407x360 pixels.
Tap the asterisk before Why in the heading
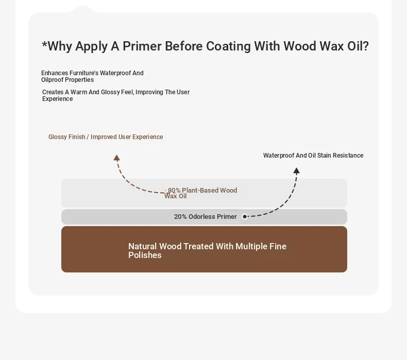click(x=44, y=44)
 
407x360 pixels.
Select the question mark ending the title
click(x=365, y=46)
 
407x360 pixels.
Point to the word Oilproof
click(x=52, y=80)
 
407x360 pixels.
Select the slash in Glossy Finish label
click(x=88, y=137)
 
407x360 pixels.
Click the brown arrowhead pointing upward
click(x=116, y=158)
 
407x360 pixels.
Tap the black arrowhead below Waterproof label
click(x=296, y=170)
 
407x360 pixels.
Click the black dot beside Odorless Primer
click(x=245, y=216)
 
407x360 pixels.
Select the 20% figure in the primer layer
click(x=180, y=217)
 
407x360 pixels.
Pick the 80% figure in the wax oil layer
click(x=174, y=190)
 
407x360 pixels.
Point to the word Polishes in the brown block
click(x=145, y=255)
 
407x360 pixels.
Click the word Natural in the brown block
click(x=142, y=246)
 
